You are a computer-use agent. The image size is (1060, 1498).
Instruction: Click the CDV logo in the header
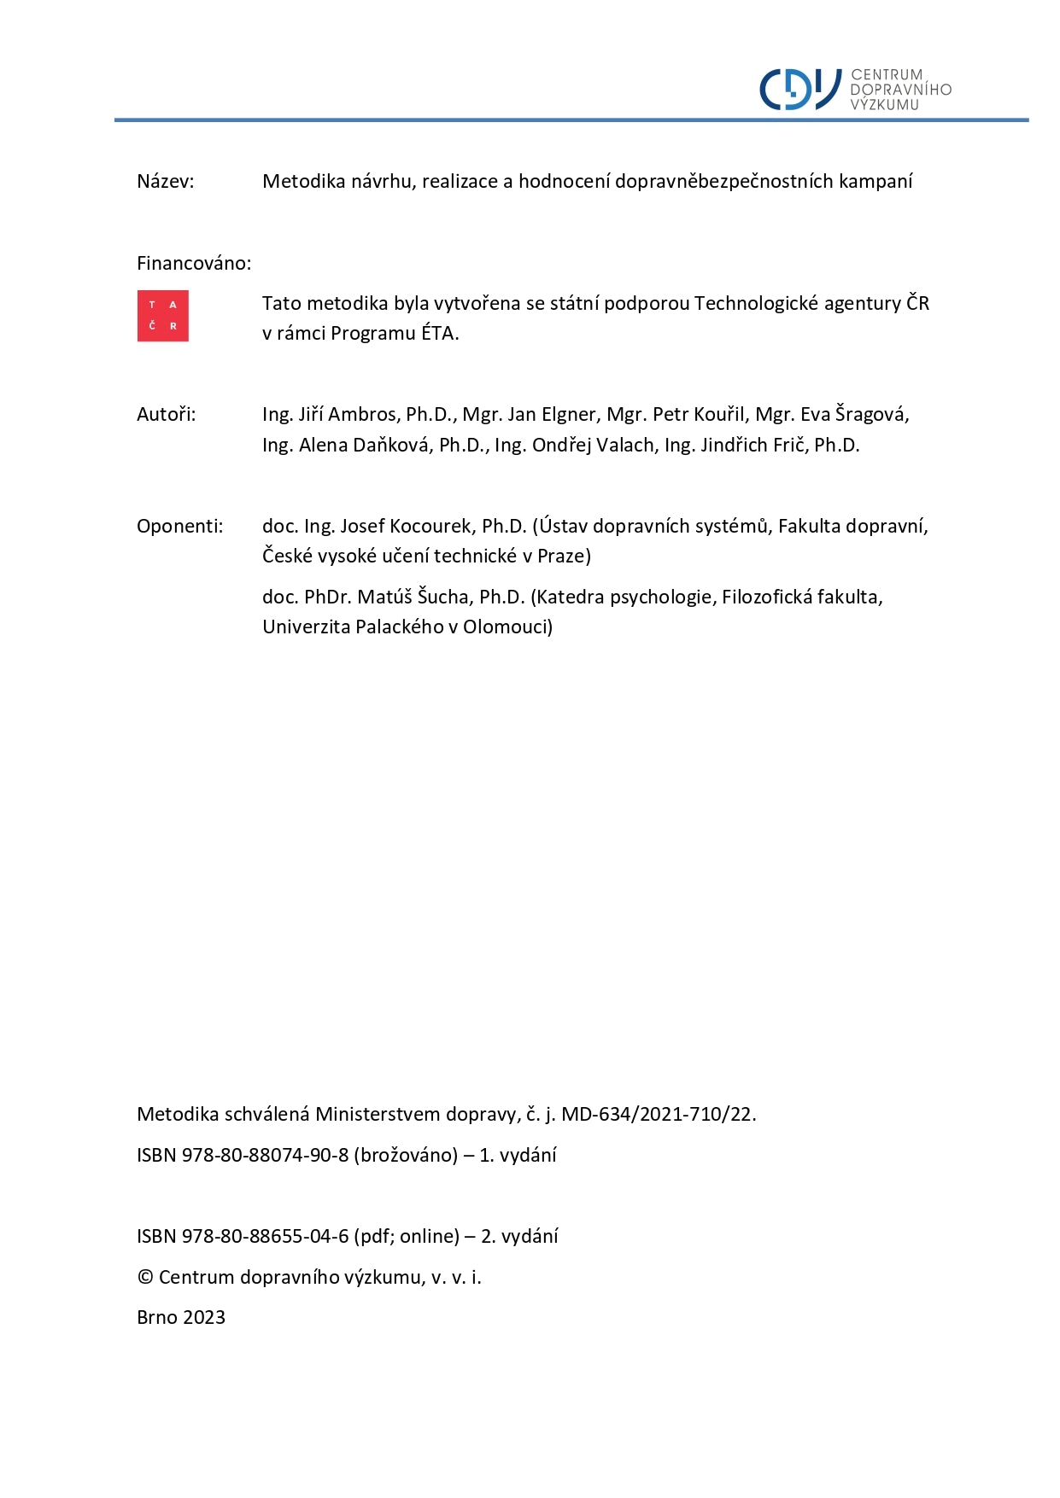click(855, 90)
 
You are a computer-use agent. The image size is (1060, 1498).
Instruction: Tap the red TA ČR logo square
click(162, 316)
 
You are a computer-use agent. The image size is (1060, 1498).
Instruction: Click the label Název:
click(165, 181)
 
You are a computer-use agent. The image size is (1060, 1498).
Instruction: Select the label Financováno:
click(194, 263)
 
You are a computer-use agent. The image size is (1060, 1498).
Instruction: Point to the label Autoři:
click(166, 415)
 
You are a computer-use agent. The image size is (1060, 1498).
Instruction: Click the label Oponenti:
click(179, 526)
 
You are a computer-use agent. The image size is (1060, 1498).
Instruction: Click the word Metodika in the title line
click(299, 181)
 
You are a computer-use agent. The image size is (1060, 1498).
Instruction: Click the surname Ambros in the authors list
click(364, 415)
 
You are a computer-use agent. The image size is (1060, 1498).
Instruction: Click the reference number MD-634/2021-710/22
click(658, 1115)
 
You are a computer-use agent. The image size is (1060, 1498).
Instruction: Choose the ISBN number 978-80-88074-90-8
click(265, 1156)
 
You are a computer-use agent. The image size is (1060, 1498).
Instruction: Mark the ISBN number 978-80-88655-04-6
click(265, 1237)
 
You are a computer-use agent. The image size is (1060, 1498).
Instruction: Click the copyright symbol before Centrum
click(145, 1278)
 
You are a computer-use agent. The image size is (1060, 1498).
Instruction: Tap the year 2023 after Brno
click(204, 1318)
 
